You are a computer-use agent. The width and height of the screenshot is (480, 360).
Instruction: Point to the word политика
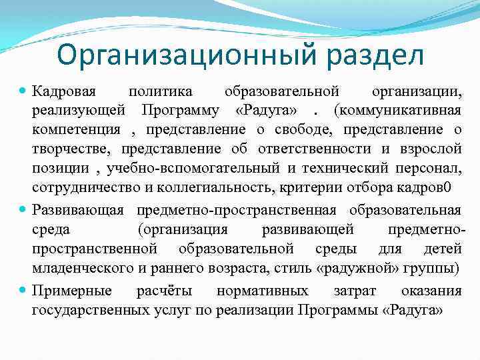161,91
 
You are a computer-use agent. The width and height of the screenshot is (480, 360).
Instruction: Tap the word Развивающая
77,210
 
